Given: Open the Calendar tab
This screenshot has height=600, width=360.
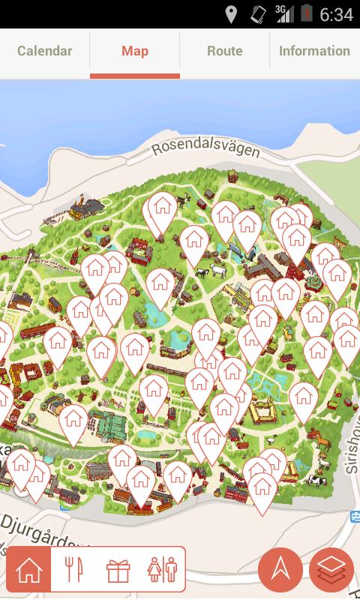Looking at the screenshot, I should (45, 52).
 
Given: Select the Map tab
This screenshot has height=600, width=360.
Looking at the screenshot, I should (135, 52).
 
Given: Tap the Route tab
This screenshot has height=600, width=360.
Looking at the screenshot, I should (225, 52).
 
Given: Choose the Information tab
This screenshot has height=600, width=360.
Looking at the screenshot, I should (314, 52).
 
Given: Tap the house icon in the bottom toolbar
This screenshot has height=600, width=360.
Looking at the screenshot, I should (29, 571).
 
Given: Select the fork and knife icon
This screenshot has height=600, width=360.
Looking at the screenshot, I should (73, 571).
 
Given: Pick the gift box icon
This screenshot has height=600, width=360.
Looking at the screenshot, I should (118, 571).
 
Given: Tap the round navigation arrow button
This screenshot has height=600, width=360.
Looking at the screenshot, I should (280, 570).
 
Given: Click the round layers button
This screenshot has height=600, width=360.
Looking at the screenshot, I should (331, 570).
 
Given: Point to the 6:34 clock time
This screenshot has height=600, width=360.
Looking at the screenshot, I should (336, 15).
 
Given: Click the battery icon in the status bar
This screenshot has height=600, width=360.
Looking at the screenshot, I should (307, 13).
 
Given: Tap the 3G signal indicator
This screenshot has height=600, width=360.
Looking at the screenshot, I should (283, 13).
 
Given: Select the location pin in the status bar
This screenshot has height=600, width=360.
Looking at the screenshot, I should (231, 14).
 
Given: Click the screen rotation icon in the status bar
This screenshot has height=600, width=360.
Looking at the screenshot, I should (257, 14).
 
